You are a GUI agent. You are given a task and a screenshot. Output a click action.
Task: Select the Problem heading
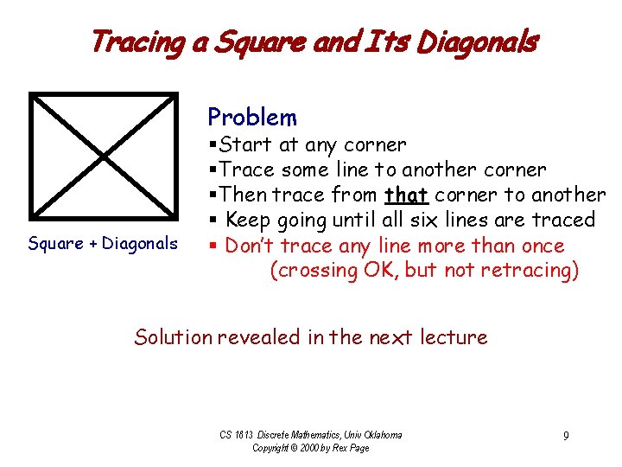(x=252, y=118)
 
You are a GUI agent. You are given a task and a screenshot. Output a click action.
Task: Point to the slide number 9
(x=566, y=436)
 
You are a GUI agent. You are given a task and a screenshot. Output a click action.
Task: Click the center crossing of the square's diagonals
(x=104, y=156)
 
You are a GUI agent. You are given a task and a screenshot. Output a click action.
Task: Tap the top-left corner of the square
(x=33, y=95)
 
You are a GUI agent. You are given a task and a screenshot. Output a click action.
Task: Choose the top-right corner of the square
(x=175, y=95)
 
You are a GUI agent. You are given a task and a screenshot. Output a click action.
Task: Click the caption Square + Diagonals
(x=103, y=244)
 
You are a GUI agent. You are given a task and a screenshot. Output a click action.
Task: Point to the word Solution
(x=174, y=336)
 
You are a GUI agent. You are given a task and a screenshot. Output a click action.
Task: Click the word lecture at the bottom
(x=454, y=336)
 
